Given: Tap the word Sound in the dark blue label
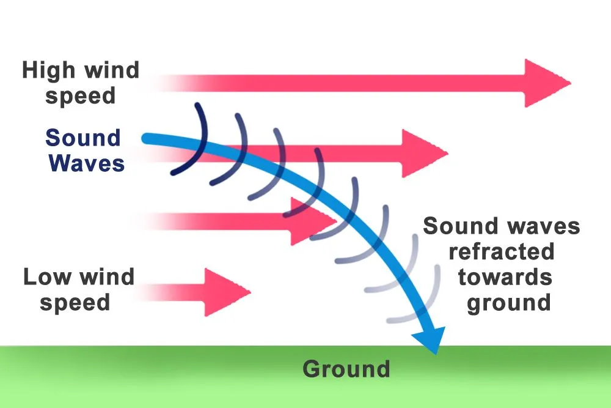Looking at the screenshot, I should coord(83,138).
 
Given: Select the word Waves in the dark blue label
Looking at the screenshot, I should coord(87,163).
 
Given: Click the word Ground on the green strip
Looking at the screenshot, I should coord(346,369).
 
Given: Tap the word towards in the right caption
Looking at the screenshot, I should coord(505,277).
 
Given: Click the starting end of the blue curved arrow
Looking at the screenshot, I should coord(147,139).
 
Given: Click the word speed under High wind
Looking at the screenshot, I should coord(80,97).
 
